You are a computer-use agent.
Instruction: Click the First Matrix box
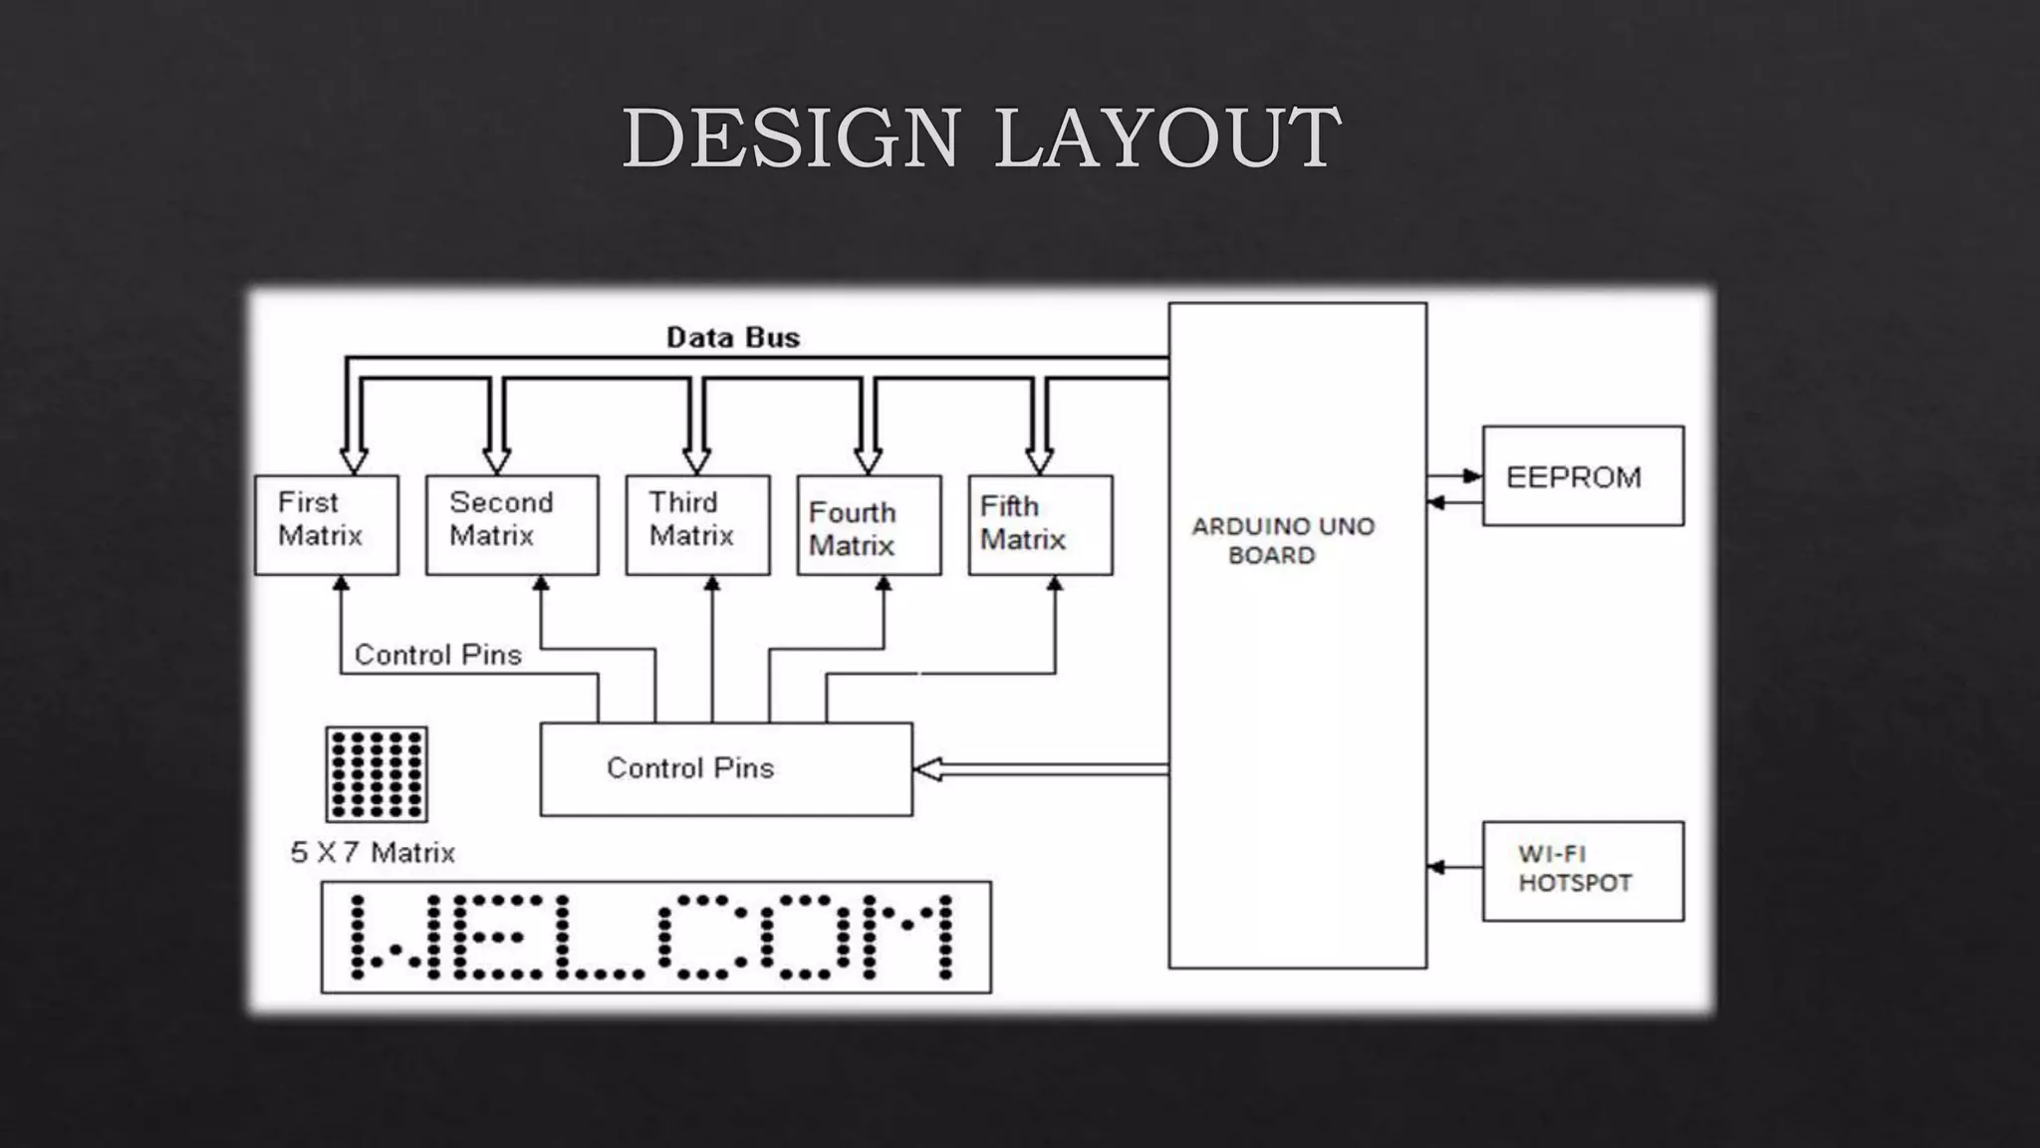click(327, 524)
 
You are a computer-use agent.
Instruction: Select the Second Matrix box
click(512, 524)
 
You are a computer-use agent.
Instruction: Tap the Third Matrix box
click(697, 524)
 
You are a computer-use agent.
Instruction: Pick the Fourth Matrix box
click(869, 524)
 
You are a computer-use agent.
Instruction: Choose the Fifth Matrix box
click(1040, 524)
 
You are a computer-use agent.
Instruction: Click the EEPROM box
click(1583, 476)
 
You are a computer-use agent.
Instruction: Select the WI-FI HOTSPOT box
click(1583, 870)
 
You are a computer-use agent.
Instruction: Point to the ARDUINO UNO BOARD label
click(1283, 540)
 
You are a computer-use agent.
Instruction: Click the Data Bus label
click(733, 338)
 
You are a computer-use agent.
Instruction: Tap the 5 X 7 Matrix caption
click(373, 853)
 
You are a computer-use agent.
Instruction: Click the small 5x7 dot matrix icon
click(377, 773)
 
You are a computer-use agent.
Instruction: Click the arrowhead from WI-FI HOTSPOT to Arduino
click(1436, 868)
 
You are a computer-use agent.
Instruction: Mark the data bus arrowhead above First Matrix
click(354, 461)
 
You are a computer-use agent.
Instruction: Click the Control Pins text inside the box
click(690, 768)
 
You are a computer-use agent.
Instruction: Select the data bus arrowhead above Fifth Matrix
click(1039, 461)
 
